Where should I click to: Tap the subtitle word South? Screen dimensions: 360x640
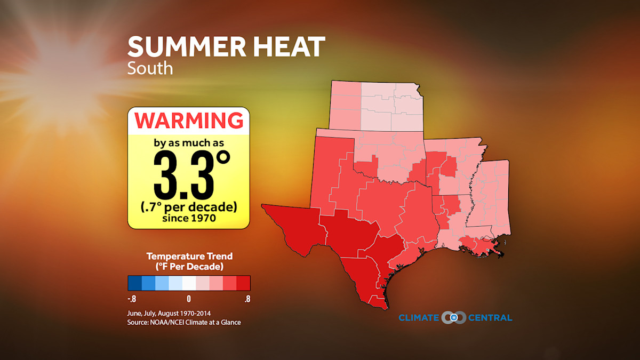(x=150, y=68)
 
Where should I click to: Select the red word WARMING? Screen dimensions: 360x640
(x=188, y=121)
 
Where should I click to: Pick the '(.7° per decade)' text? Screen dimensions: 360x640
(x=189, y=206)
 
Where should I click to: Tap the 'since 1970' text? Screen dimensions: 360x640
(x=189, y=218)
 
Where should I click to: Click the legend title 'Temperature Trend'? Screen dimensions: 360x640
(x=189, y=257)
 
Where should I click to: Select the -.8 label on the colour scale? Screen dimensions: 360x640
(x=132, y=299)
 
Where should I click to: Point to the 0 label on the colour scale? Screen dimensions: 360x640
(x=189, y=299)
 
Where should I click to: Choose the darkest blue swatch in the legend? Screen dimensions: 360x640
(x=134, y=283)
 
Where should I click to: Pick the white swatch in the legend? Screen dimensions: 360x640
(x=189, y=283)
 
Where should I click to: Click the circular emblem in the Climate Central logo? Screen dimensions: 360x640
(x=454, y=318)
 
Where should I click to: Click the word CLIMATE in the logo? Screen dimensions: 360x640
(x=419, y=318)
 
